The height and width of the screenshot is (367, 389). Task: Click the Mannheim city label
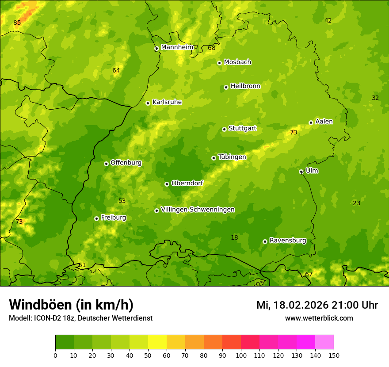point(177,47)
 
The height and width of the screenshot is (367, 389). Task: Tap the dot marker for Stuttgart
point(225,129)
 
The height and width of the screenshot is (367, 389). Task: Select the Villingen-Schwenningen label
point(198,210)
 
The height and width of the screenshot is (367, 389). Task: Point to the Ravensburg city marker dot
point(265,241)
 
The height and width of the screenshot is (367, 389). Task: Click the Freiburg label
point(113,218)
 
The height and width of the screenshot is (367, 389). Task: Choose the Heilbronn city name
point(245,86)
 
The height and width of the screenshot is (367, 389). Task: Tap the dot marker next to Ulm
point(301,172)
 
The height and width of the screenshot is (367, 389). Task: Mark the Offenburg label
point(126,163)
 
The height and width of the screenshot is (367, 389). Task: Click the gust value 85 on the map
point(17,23)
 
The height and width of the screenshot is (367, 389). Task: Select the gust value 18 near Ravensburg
point(234,238)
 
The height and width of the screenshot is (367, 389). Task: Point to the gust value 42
point(328,21)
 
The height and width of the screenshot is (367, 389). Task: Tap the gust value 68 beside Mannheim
point(212,48)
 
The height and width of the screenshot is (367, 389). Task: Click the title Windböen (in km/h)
point(71,305)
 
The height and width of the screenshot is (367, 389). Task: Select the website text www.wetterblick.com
point(319,318)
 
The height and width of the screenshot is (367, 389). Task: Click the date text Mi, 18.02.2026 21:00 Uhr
point(317,305)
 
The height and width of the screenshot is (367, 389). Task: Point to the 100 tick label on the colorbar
point(241,356)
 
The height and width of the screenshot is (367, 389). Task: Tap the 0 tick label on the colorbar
point(55,356)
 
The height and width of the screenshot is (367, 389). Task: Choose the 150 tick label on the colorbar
point(334,356)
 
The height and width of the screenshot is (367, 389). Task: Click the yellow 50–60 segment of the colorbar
point(157,342)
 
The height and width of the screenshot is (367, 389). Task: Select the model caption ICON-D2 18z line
point(80,318)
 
